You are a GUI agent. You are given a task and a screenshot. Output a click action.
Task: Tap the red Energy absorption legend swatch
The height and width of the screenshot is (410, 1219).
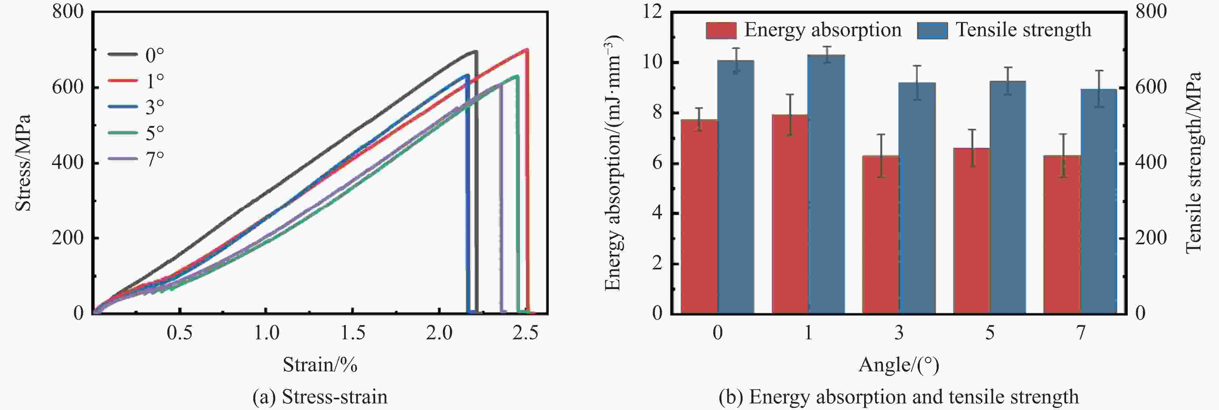(721, 30)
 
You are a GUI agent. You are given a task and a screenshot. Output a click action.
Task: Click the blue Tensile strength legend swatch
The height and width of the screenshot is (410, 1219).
(932, 30)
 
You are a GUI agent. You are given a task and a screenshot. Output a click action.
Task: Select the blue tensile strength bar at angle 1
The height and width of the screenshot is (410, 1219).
(826, 184)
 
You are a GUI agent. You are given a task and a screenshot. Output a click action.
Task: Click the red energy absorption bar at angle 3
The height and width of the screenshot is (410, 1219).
(881, 235)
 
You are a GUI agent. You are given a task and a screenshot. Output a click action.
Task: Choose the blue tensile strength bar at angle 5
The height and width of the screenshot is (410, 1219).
(1008, 197)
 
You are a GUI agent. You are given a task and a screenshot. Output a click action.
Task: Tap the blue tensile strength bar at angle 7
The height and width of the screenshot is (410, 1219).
(1099, 201)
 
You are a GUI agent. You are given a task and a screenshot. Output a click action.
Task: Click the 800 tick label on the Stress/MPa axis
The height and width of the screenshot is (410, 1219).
(68, 12)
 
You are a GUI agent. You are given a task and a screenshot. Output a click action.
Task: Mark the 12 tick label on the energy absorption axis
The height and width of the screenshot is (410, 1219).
(653, 12)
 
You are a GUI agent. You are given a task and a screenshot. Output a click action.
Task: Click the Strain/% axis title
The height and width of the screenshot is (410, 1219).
(320, 365)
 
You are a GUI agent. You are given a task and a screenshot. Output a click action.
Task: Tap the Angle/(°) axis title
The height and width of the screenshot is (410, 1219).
(898, 365)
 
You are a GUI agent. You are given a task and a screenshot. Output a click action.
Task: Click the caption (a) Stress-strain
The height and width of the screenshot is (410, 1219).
(320, 397)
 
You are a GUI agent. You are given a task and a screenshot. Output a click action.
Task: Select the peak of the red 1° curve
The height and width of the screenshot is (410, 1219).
(527, 49)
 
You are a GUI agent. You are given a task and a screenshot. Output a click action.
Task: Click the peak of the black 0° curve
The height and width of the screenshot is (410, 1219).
(475, 51)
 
